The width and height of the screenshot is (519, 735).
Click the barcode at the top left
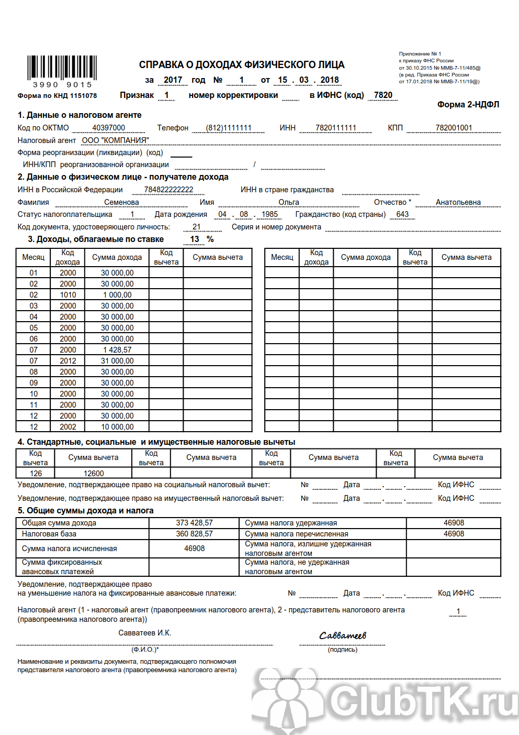click(62, 69)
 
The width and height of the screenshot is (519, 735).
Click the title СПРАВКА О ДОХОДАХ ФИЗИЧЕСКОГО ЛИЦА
click(242, 65)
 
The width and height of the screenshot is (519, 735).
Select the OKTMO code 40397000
click(108, 128)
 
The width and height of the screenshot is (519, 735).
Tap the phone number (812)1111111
click(228, 128)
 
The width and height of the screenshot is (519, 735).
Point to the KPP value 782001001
click(454, 128)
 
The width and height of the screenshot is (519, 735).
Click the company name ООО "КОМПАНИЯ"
click(115, 140)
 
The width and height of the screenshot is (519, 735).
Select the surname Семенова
click(121, 202)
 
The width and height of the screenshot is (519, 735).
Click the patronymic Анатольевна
click(458, 202)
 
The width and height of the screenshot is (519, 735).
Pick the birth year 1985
click(269, 214)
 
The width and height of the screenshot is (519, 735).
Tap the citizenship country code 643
click(402, 214)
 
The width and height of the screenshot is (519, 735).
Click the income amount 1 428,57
click(117, 350)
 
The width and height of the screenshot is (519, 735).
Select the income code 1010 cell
click(68, 295)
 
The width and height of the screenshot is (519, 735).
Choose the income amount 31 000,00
click(117, 361)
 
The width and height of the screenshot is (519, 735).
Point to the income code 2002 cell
click(68, 427)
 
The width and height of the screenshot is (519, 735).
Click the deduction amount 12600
click(94, 474)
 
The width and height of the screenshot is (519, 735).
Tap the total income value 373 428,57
click(194, 523)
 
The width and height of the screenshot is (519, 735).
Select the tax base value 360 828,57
click(194, 534)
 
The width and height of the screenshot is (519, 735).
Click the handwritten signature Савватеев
click(343, 636)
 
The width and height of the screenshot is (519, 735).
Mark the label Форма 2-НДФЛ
click(468, 105)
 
